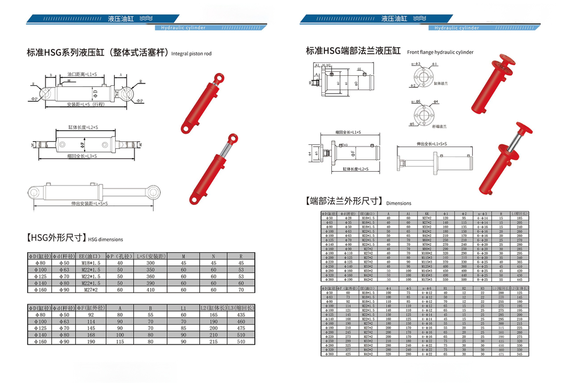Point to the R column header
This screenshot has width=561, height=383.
coord(241,256)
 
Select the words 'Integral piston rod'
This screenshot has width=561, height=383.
coord(192,54)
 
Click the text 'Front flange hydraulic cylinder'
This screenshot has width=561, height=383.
coord(440,52)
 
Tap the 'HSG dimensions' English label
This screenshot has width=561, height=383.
coord(106,239)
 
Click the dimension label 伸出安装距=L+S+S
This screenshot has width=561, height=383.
coord(98,204)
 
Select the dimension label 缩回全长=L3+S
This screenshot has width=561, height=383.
coord(83,156)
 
